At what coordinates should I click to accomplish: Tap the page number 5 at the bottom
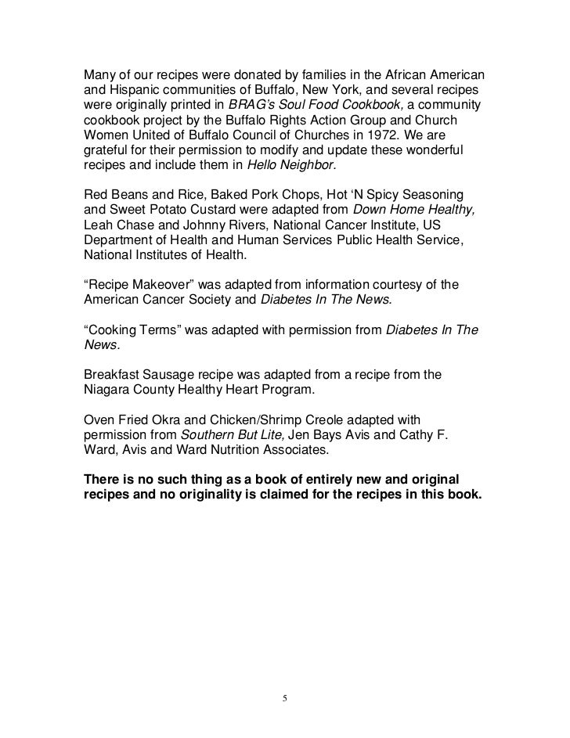pos(285,697)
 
